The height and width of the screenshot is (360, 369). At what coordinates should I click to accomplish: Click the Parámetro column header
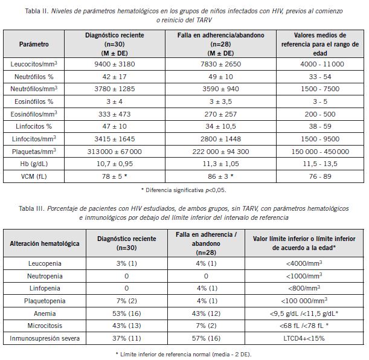34,45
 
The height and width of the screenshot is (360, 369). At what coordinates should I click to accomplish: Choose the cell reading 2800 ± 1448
221,138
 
